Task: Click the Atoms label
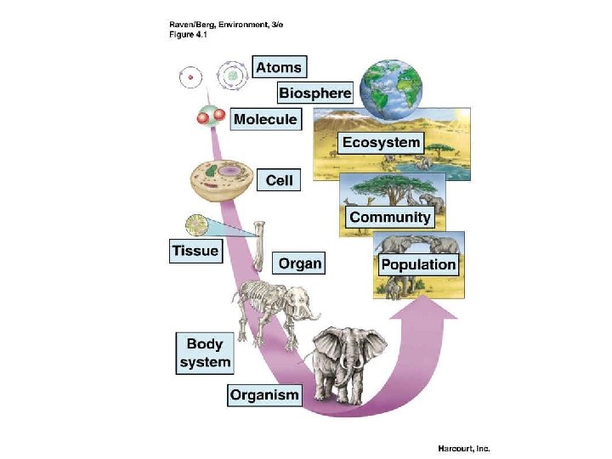[278, 67]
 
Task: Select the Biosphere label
[314, 93]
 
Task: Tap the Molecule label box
[265, 119]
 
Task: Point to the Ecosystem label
[382, 142]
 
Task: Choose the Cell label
[279, 180]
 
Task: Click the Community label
[390, 217]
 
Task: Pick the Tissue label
[195, 251]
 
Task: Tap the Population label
[418, 264]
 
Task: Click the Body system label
[204, 353]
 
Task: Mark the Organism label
[264, 394]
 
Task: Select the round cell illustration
[219, 180]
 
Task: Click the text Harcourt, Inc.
[463, 448]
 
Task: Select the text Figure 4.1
[183, 34]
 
